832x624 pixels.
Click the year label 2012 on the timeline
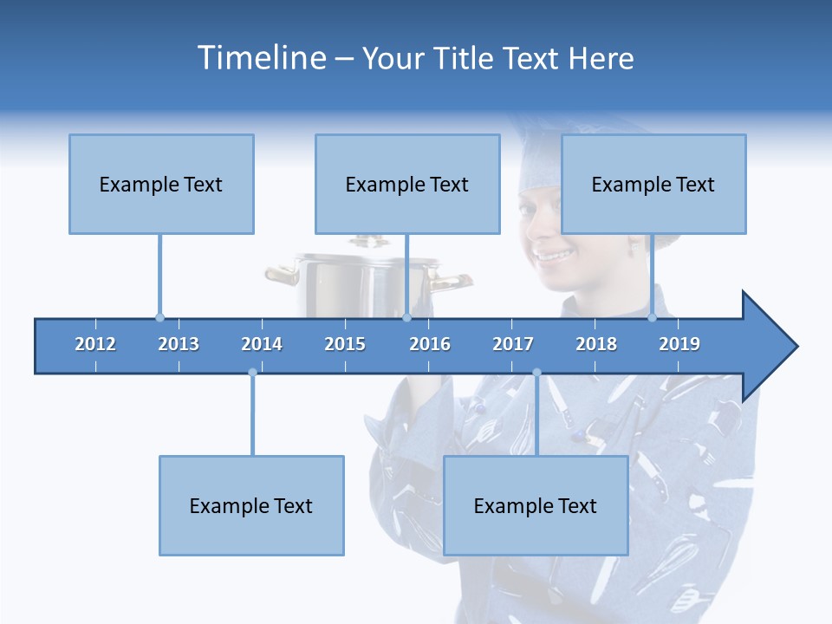[x=95, y=344]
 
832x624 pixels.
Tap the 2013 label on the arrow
[x=179, y=344]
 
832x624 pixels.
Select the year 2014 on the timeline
[x=262, y=344]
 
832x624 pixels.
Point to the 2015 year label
[x=345, y=344]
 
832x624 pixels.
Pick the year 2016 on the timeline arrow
[x=430, y=344]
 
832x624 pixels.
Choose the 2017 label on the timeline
[x=513, y=344]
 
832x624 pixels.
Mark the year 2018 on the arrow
[x=596, y=344]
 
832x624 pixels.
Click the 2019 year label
[x=679, y=344]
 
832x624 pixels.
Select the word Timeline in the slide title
[x=261, y=58]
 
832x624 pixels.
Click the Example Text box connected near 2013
[x=161, y=184]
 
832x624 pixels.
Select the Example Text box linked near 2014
[x=251, y=505]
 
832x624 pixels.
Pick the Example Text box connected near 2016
[x=407, y=184]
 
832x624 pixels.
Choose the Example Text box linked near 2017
[x=536, y=505]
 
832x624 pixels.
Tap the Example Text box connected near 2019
[x=653, y=184]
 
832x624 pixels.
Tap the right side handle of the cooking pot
[x=452, y=281]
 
